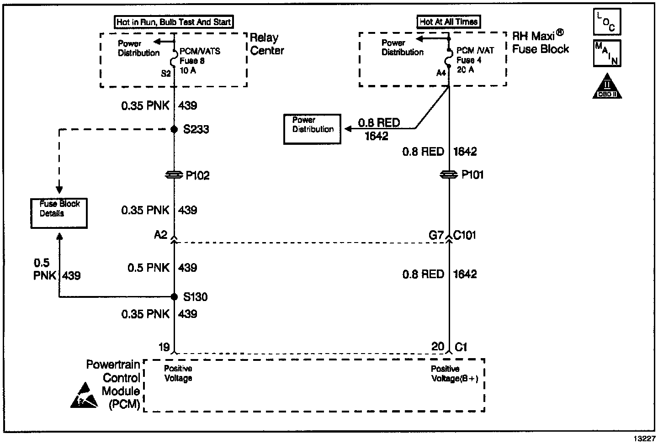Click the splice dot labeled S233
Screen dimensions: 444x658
point(174,130)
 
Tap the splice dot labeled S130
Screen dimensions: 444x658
point(174,297)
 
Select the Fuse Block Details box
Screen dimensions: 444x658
point(59,213)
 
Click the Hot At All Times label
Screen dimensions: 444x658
point(449,21)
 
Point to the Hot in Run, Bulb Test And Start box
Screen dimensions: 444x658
point(174,21)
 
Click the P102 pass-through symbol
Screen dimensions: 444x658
point(174,175)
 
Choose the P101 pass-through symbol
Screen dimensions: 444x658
point(449,175)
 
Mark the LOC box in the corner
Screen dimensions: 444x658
point(607,22)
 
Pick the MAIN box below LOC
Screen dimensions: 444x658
point(607,53)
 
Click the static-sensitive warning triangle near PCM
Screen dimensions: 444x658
point(84,396)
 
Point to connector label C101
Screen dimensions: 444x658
point(465,235)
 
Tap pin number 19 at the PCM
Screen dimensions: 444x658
point(164,347)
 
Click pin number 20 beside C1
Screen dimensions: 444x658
point(437,347)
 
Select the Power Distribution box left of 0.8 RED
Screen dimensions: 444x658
point(313,129)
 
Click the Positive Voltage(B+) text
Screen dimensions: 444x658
point(455,374)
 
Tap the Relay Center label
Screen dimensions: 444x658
point(267,44)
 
